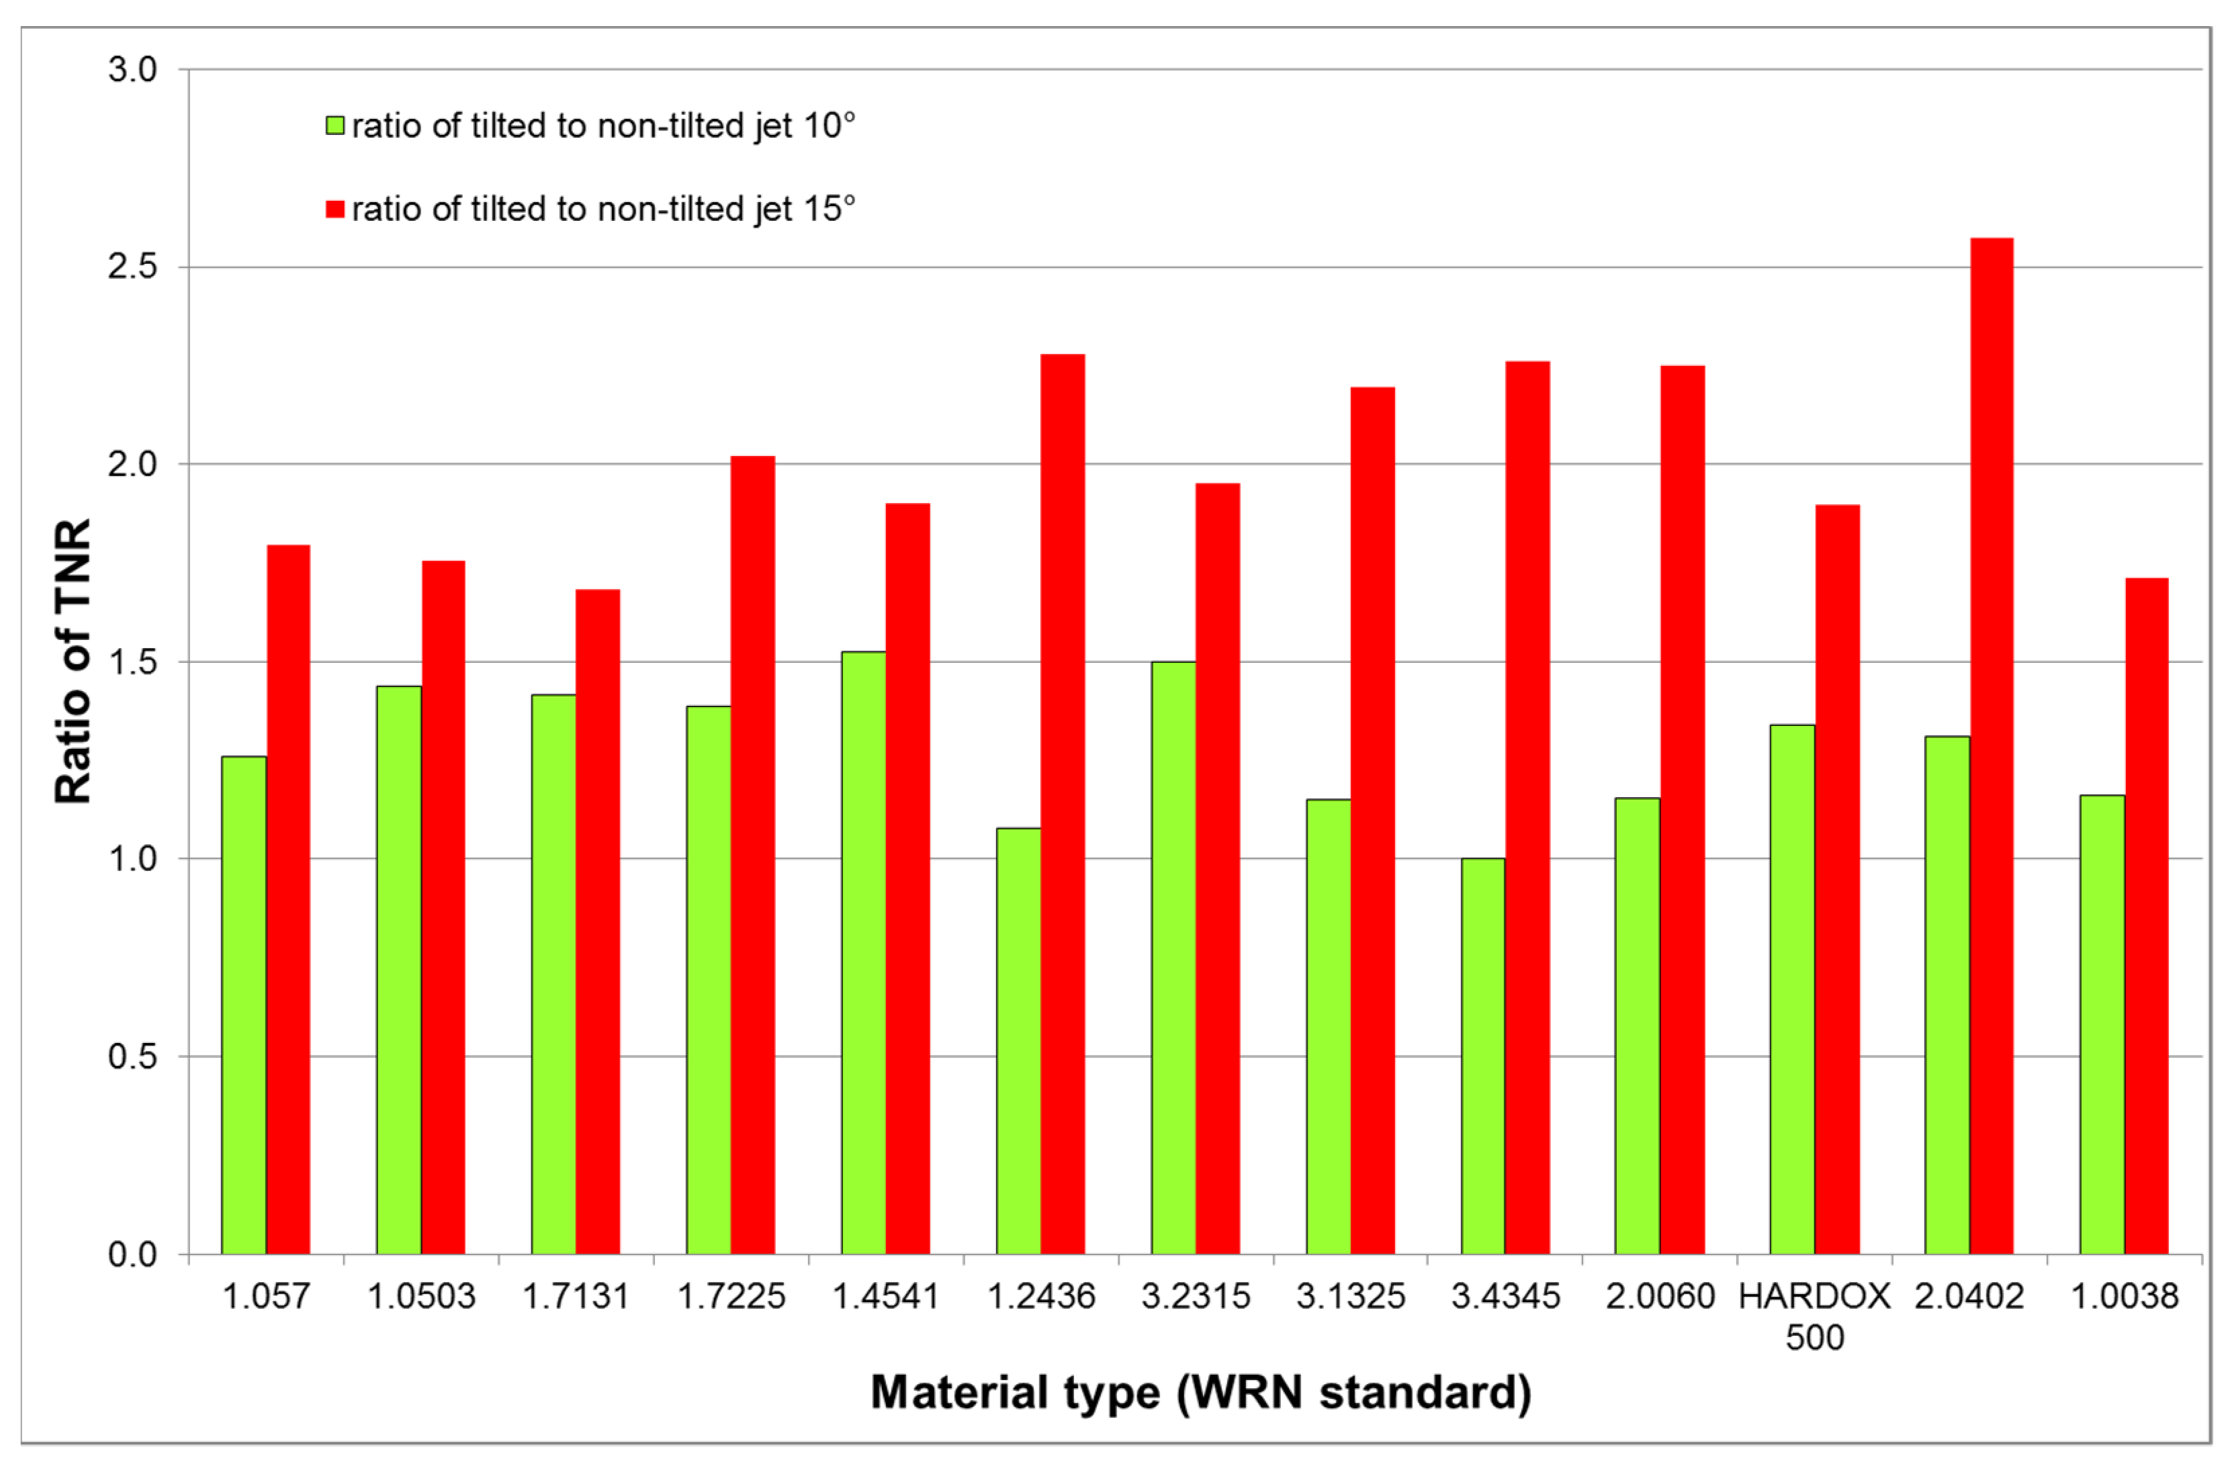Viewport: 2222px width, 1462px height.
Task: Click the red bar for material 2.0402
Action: [x=1992, y=747]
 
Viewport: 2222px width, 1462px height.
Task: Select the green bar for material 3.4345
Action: [x=1482, y=1055]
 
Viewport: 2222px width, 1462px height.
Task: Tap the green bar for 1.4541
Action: [x=864, y=952]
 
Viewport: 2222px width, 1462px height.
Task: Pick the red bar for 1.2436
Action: [x=1063, y=803]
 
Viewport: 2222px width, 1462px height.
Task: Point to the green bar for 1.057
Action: [x=244, y=1003]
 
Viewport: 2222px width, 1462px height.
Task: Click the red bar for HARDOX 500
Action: [x=1837, y=878]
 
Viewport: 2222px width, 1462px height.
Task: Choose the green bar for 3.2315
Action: [x=1173, y=957]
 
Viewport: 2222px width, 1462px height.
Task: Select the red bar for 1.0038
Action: [x=2146, y=915]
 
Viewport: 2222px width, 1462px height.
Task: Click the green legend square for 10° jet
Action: [x=335, y=125]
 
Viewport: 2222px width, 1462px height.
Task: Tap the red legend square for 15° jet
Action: [x=335, y=208]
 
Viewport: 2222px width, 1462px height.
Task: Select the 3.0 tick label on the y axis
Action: [x=132, y=69]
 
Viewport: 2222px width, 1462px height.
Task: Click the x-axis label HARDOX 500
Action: [x=1814, y=1316]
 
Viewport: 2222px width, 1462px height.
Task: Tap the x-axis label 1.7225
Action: [x=731, y=1296]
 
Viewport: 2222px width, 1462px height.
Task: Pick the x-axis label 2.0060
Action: [x=1660, y=1296]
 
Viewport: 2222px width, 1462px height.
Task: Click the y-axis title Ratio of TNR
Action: [x=73, y=661]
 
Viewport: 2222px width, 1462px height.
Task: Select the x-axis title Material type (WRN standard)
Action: [x=1200, y=1392]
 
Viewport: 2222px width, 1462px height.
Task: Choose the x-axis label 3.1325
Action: [x=1350, y=1296]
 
